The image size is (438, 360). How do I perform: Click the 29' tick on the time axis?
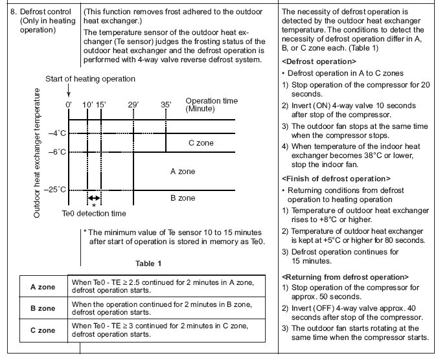[134, 104]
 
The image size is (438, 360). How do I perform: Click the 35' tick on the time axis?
[167, 104]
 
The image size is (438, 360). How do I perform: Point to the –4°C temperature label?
[56, 133]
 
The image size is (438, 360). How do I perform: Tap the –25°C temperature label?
[55, 189]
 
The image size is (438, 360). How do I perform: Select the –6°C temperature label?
[56, 152]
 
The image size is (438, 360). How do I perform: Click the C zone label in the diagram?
[202, 142]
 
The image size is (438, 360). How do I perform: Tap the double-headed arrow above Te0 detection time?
[95, 198]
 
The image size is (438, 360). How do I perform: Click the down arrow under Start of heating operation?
[68, 90]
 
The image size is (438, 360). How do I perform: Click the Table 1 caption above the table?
[148, 264]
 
